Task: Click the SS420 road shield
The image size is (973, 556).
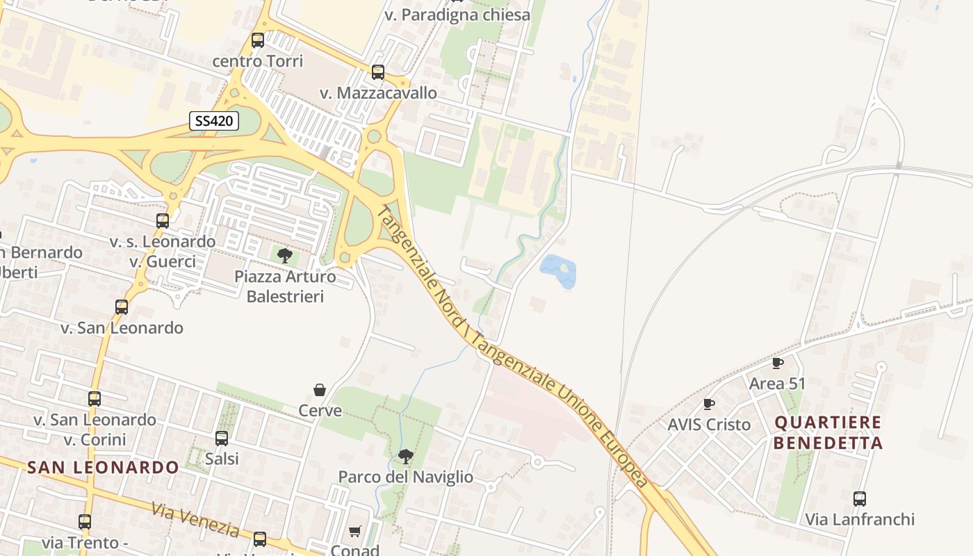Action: click(214, 121)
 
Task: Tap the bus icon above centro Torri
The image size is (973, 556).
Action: click(258, 40)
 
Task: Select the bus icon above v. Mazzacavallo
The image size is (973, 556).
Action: click(378, 72)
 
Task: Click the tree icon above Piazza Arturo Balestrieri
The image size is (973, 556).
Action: click(284, 256)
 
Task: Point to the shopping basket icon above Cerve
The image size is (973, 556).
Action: click(320, 390)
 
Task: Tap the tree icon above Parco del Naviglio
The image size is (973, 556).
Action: click(406, 457)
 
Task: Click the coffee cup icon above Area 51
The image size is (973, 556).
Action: click(778, 363)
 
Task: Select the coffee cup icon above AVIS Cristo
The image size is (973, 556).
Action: click(709, 404)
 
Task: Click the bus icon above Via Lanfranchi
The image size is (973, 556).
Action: click(860, 498)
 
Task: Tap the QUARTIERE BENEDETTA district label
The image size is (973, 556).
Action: click(828, 432)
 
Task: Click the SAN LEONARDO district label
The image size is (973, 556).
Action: click(104, 467)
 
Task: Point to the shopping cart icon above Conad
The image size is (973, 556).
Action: click(355, 532)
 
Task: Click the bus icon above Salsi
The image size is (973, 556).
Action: click(222, 439)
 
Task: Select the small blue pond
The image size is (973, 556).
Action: click(559, 270)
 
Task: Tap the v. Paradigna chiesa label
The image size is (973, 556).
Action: click(457, 15)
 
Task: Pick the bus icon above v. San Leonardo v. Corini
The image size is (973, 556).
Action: click(95, 399)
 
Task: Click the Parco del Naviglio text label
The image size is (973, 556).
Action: click(405, 477)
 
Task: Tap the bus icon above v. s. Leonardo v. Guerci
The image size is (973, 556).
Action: click(163, 221)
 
